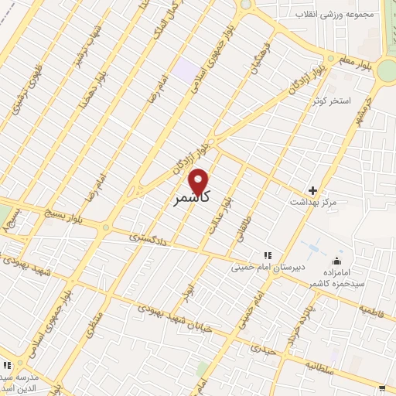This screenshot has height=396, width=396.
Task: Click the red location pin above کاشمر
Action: [199, 181]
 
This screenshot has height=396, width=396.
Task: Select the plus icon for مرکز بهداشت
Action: [312, 190]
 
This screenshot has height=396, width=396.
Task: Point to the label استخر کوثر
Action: [332, 101]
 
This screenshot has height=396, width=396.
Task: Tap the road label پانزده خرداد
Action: [295, 323]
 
